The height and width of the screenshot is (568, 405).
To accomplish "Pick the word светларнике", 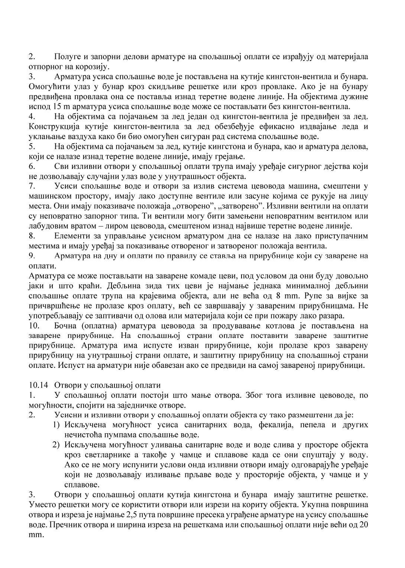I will (x=97, y=455).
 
